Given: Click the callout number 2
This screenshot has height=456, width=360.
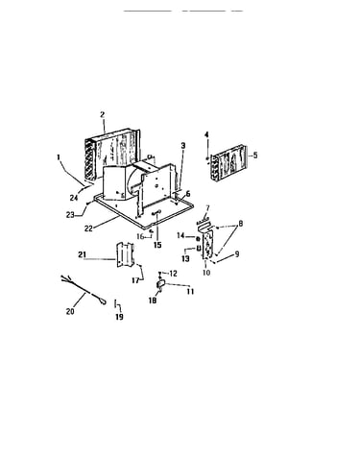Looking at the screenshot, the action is [103, 114].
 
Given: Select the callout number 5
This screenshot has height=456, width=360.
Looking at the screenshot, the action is [255, 156].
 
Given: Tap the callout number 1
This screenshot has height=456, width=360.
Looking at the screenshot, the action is [59, 157].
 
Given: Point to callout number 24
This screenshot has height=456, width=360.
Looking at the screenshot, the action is [74, 198].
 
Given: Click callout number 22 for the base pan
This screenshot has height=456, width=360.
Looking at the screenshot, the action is [88, 228].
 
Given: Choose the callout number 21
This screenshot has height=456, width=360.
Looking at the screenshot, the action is [83, 254].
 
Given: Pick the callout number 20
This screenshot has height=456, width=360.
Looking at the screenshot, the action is [70, 311].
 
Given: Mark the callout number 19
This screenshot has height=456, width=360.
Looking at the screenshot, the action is [119, 317].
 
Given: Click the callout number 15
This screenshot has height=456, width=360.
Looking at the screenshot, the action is [157, 245].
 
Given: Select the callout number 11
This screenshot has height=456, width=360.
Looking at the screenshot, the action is [191, 292].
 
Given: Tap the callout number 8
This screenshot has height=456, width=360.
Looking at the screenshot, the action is [241, 224].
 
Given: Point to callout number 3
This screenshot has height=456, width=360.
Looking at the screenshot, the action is [183, 146].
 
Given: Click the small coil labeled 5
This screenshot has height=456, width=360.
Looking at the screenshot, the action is [229, 164].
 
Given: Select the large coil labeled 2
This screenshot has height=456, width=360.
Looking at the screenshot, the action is [112, 153].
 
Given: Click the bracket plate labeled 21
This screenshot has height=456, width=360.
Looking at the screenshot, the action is [124, 254].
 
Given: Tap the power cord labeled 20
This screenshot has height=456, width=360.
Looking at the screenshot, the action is [83, 290].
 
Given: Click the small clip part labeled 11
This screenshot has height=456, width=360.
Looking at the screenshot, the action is [160, 283].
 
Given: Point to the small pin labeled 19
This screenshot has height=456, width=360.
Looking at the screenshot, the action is [115, 303].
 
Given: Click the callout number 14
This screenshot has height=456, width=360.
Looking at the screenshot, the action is [180, 235].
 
